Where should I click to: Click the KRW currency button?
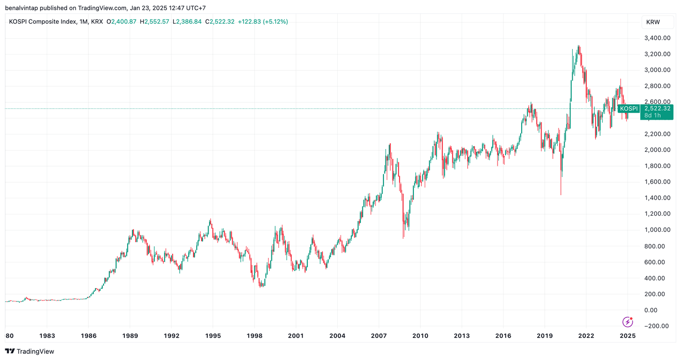(x=653, y=22)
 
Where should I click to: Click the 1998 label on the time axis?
(x=254, y=336)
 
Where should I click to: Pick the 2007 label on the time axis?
(x=379, y=336)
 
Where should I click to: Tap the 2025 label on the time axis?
(x=628, y=336)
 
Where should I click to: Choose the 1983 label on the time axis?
(x=47, y=336)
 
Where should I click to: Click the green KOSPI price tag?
(x=629, y=108)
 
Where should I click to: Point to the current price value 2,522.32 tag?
(x=657, y=108)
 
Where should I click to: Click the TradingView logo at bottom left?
(x=30, y=351)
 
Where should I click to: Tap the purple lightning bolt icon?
(x=628, y=322)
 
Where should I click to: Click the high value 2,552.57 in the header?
(x=157, y=22)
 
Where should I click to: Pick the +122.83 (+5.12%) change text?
(x=262, y=22)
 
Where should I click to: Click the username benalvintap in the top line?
(x=21, y=8)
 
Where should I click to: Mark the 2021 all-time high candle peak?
(x=579, y=46)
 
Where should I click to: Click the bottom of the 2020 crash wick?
(x=561, y=194)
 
